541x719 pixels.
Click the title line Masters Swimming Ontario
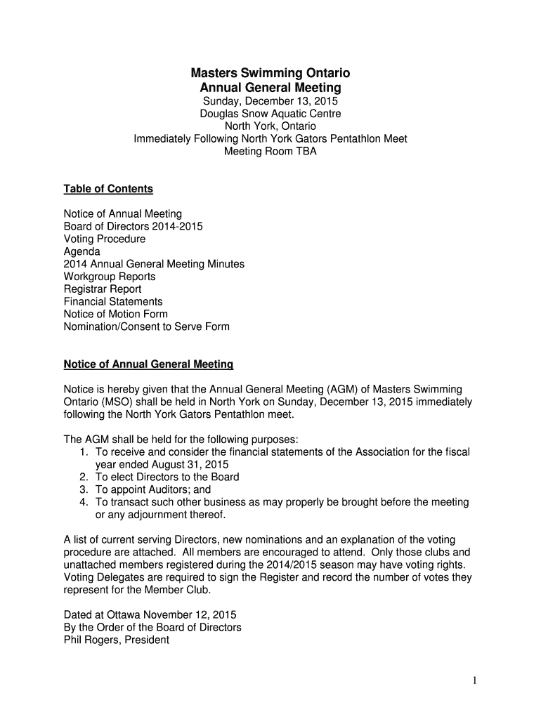pos(270,73)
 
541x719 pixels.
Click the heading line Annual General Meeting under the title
pos(270,88)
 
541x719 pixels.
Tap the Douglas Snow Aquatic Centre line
pos(270,114)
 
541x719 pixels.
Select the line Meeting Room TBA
pos(270,151)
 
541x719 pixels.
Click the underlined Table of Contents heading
pos(108,189)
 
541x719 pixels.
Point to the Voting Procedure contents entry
pos(105,239)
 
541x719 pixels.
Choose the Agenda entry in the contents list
pos(82,251)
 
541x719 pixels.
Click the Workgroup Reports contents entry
pos(110,277)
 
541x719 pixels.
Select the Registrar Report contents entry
pos(103,289)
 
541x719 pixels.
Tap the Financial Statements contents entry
pos(113,302)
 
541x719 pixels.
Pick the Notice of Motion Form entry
pos(116,315)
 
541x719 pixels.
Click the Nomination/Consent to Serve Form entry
pos(147,327)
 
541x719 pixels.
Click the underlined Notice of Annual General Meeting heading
pos(148,365)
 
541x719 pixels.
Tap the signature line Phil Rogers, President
pos(117,640)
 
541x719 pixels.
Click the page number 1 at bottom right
pos(475,680)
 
